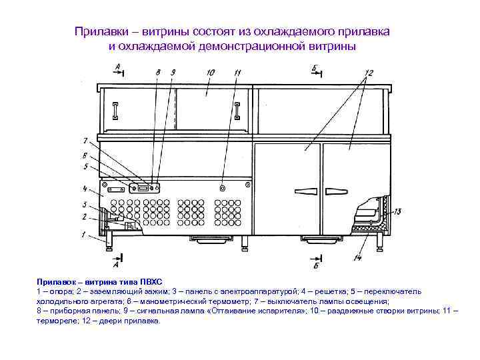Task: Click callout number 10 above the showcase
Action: [x=210, y=71]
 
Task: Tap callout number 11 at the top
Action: [x=238, y=71]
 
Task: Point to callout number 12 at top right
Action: [x=369, y=71]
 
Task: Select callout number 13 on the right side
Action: [x=397, y=212]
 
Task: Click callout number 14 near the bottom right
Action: [x=357, y=257]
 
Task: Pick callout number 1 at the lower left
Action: [x=84, y=234]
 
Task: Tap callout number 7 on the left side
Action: [x=85, y=141]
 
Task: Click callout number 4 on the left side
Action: [x=85, y=189]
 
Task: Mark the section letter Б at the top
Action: [x=314, y=67]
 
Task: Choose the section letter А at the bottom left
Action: [x=117, y=256]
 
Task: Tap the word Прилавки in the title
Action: [x=99, y=31]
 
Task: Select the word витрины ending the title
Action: [x=333, y=45]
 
